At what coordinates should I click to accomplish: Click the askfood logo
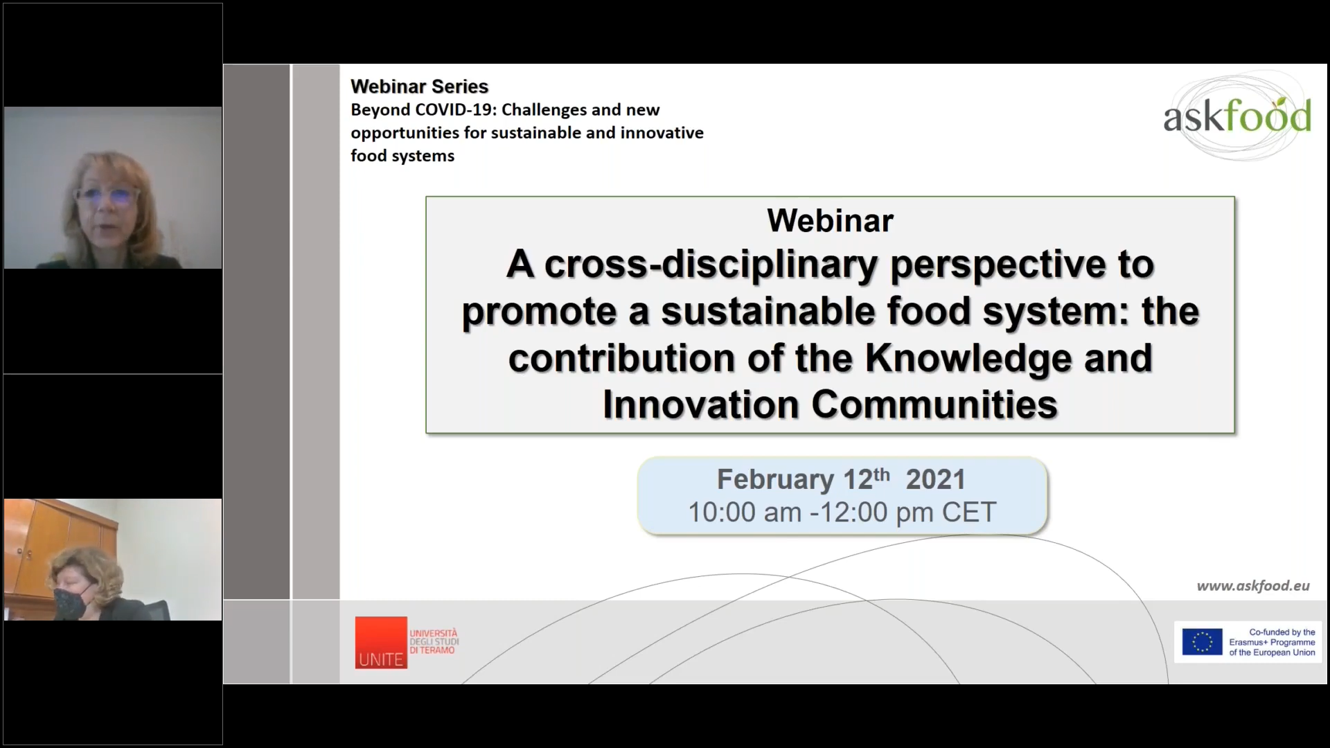pyautogui.click(x=1237, y=116)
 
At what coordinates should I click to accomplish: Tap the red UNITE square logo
pyautogui.click(x=381, y=643)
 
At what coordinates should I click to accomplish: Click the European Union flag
pyautogui.click(x=1202, y=642)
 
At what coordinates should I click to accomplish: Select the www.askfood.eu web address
pyautogui.click(x=1253, y=586)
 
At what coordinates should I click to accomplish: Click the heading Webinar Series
pyautogui.click(x=419, y=87)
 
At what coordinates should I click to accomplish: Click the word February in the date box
pyautogui.click(x=775, y=479)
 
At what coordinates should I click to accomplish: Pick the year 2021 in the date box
pyautogui.click(x=935, y=479)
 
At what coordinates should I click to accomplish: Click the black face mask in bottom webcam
pyautogui.click(x=71, y=601)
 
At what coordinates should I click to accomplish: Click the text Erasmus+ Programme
pyautogui.click(x=1272, y=643)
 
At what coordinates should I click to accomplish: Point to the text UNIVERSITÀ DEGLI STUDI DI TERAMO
pyautogui.click(x=434, y=642)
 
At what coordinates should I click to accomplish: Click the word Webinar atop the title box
pyautogui.click(x=830, y=221)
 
